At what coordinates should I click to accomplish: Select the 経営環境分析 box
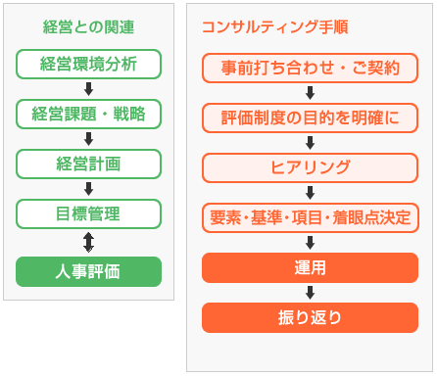88,65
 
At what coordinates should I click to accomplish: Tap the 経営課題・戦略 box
88,114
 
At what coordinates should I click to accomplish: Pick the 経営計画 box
88,163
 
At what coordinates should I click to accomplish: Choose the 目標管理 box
88,211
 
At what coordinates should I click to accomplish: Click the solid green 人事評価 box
88,270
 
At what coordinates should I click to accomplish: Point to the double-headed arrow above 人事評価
88,241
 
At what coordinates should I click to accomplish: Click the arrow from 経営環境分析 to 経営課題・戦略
88,89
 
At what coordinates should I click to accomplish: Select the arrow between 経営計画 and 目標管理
88,187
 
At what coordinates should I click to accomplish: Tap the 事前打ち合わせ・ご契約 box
310,69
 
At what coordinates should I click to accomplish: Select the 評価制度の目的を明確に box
310,118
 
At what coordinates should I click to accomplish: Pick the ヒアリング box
310,167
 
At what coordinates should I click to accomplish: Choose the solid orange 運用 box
310,267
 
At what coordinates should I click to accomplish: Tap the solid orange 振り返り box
310,317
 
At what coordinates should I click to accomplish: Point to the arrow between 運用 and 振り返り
310,292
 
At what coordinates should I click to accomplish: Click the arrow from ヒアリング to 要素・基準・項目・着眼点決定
310,192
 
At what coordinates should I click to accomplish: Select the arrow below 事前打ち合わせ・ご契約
310,93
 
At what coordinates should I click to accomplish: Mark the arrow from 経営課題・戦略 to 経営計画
88,138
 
